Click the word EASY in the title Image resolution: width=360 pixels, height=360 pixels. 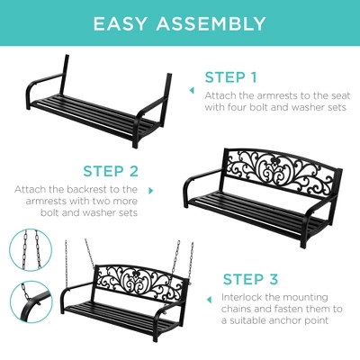(127, 23)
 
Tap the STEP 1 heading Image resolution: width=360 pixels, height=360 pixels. (230, 76)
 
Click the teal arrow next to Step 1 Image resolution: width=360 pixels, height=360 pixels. (191, 90)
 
